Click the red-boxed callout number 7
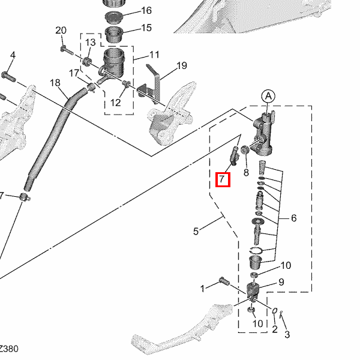(221, 179)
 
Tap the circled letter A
(268, 97)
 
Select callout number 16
(146, 11)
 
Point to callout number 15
(146, 28)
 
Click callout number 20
(61, 31)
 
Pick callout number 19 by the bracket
(182, 65)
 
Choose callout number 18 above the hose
(55, 83)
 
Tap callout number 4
(13, 55)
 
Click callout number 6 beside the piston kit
(293, 218)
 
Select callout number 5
(196, 231)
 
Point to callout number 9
(281, 282)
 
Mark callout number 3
(287, 334)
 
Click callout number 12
(115, 103)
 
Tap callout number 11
(154, 55)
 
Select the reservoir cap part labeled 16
(114, 17)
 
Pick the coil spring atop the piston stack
(262, 168)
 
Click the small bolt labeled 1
(224, 281)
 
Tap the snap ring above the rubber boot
(256, 251)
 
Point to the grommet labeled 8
(245, 149)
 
